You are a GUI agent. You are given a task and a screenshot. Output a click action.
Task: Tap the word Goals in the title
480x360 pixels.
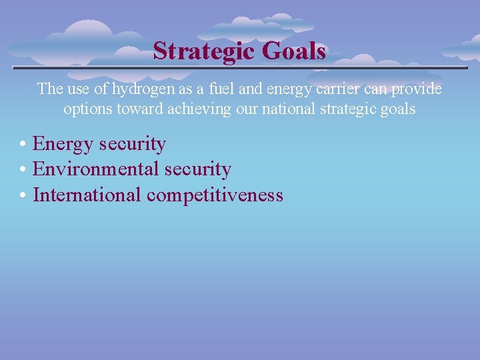tap(294, 51)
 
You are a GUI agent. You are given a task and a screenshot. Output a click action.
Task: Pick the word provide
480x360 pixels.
tap(417, 89)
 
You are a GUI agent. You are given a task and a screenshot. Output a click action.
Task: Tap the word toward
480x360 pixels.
tap(138, 109)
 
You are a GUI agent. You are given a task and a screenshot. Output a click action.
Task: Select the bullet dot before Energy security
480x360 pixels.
tap(23, 145)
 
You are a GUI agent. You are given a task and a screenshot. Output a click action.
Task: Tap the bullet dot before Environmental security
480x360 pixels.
tap(23, 170)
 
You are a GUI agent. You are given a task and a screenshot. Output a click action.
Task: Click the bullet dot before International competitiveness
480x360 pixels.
tap(23, 195)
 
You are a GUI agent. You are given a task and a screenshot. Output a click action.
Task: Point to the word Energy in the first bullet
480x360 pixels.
tap(63, 144)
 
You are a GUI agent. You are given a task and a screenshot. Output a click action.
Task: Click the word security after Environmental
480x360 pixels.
tap(197, 169)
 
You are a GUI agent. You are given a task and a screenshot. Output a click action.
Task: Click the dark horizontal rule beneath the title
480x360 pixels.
tap(240, 68)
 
